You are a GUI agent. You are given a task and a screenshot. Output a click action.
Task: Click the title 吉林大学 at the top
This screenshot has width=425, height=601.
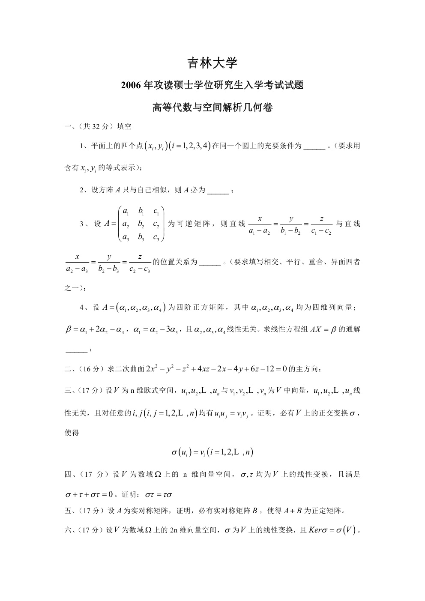tap(212, 63)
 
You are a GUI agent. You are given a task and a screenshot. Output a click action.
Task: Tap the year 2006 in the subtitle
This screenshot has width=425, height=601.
tap(132, 86)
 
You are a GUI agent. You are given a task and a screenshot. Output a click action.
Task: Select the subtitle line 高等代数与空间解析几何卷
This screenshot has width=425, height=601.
tap(212, 108)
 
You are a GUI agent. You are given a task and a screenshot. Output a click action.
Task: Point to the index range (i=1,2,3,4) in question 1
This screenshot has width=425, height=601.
tap(189, 146)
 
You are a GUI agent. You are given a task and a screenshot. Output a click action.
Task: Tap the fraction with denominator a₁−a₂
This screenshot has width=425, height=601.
tap(260, 224)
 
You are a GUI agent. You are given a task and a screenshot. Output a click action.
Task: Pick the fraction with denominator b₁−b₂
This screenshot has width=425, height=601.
tap(291, 224)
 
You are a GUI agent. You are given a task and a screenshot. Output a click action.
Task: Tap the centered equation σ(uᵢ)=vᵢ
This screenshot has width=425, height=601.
tap(212, 451)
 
